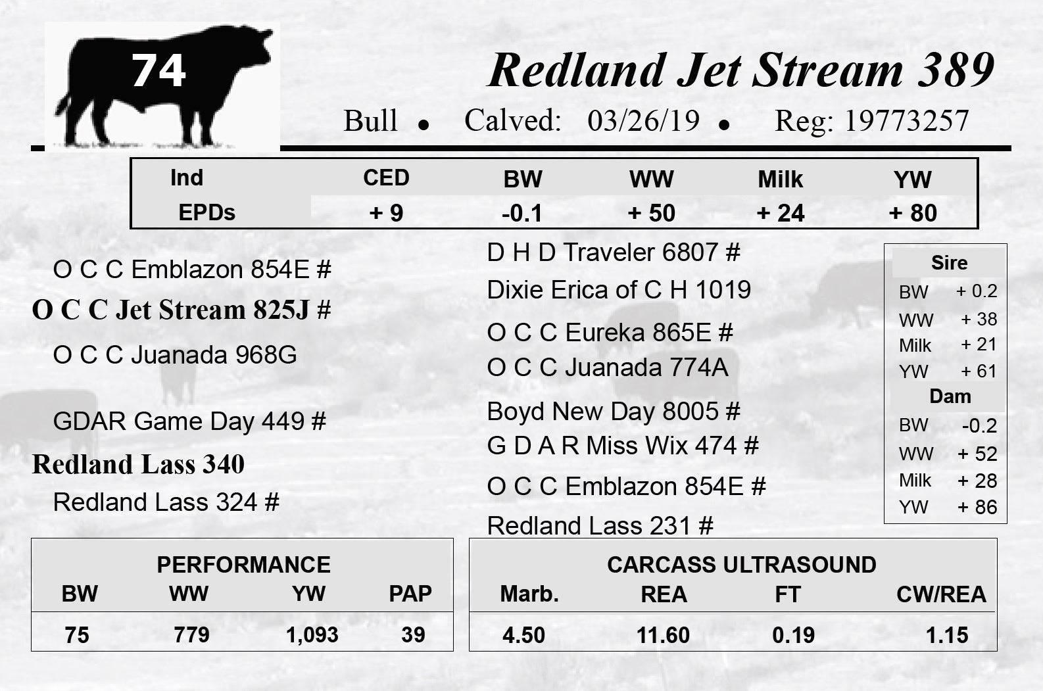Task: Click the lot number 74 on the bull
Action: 158,70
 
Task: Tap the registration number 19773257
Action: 907,120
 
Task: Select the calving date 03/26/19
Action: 644,120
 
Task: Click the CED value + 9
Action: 386,213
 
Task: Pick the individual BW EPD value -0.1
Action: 522,213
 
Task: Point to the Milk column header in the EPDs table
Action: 781,179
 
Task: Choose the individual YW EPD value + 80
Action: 913,213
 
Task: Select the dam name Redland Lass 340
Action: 138,464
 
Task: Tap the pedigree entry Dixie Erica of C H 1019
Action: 619,290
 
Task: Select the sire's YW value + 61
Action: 979,371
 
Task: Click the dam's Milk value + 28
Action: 977,481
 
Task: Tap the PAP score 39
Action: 414,635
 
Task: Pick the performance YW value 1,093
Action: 312,635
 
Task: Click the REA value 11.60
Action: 663,635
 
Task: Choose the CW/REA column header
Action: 942,594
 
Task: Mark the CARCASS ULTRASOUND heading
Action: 742,565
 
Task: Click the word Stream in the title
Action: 827,70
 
